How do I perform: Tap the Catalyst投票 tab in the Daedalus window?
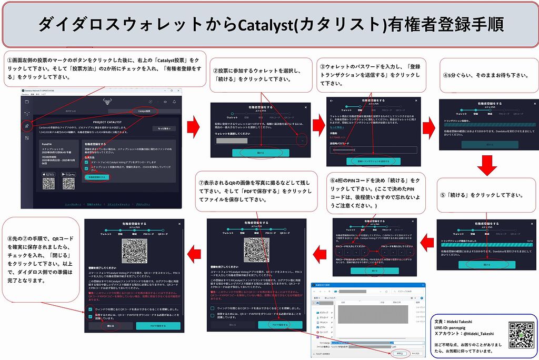(144, 111)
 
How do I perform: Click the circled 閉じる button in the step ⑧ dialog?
(111, 325)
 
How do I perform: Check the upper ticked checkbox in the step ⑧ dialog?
(91, 309)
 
